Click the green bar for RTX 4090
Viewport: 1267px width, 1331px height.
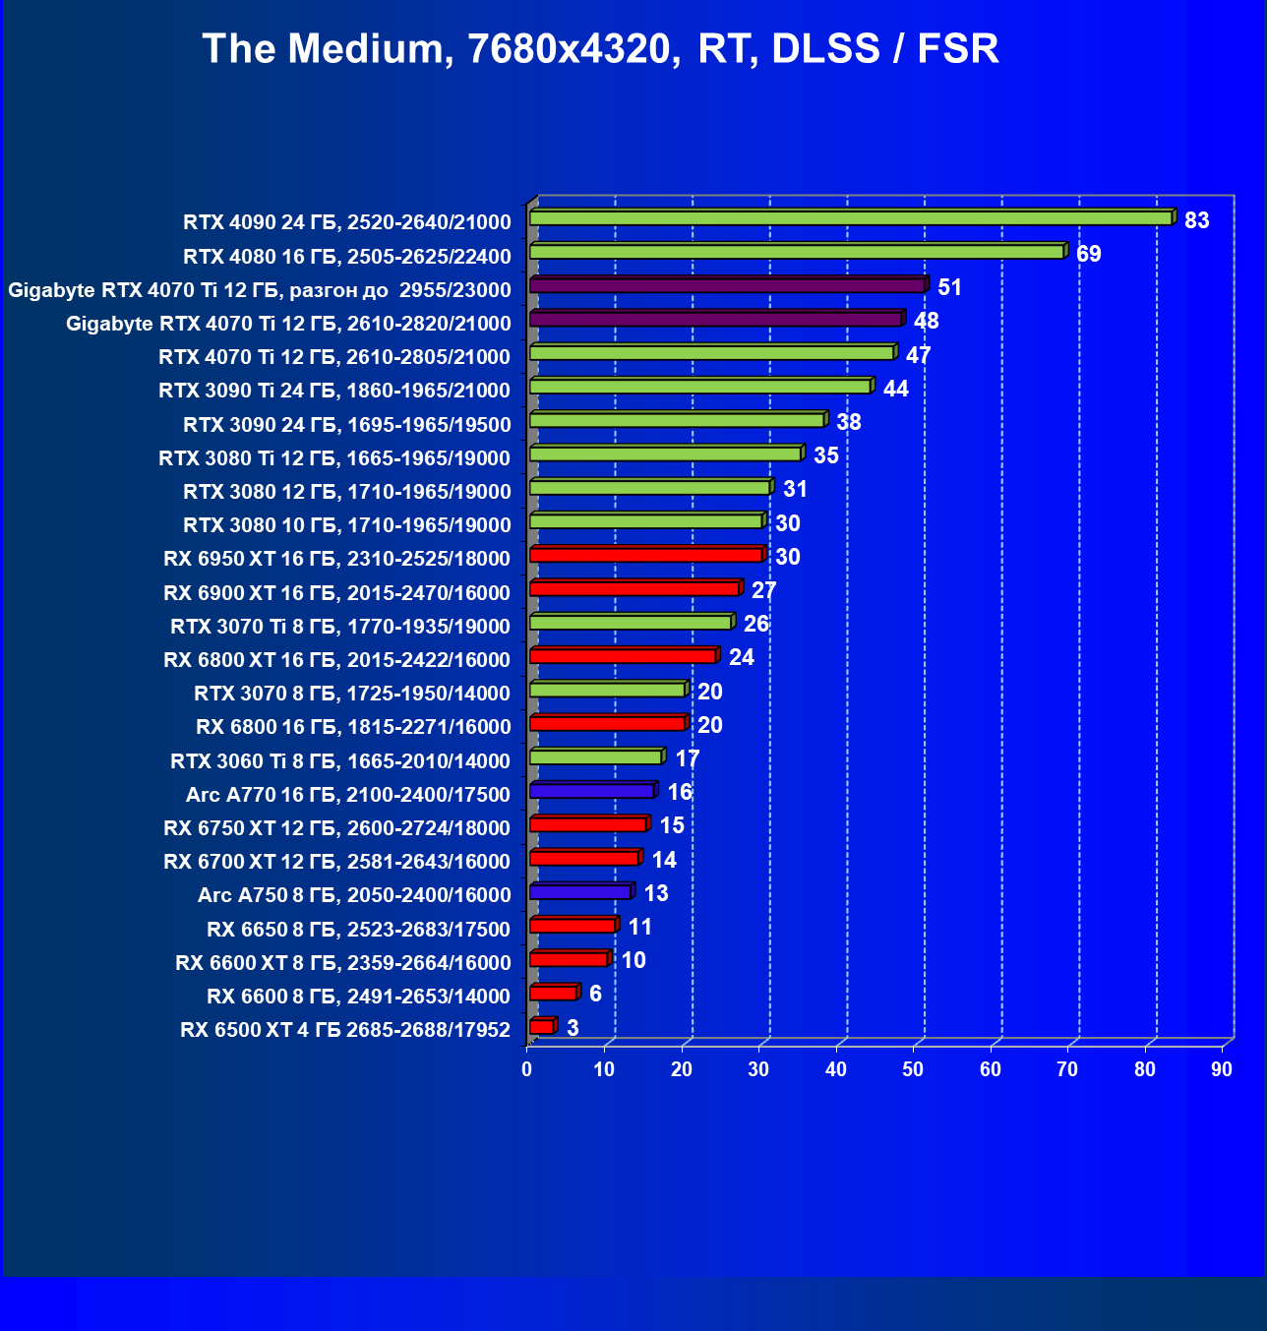pos(851,218)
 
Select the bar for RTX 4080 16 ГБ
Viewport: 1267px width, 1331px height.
pos(797,252)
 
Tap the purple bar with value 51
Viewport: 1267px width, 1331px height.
pos(727,285)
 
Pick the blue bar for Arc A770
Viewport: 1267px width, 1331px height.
pos(591,791)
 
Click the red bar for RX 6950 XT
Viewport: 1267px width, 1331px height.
pos(645,556)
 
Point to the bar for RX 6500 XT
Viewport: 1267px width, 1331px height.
pos(541,1027)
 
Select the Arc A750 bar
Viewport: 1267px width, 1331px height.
pos(579,892)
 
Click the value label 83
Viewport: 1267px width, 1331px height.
pos(1196,220)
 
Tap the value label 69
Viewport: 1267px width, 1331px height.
pos(1088,254)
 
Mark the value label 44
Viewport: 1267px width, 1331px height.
pos(895,389)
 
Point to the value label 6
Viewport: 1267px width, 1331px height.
pos(595,994)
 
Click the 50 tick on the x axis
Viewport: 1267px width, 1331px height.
pos(913,1069)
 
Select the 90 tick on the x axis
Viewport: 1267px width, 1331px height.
pos(1222,1069)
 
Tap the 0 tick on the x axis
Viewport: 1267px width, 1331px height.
pos(527,1069)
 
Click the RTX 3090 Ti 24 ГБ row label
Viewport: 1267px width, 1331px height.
pos(334,391)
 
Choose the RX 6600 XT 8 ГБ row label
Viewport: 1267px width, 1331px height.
pos(343,962)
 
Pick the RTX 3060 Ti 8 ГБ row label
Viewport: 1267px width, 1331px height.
pos(340,760)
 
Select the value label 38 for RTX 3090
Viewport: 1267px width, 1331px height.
pos(848,422)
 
